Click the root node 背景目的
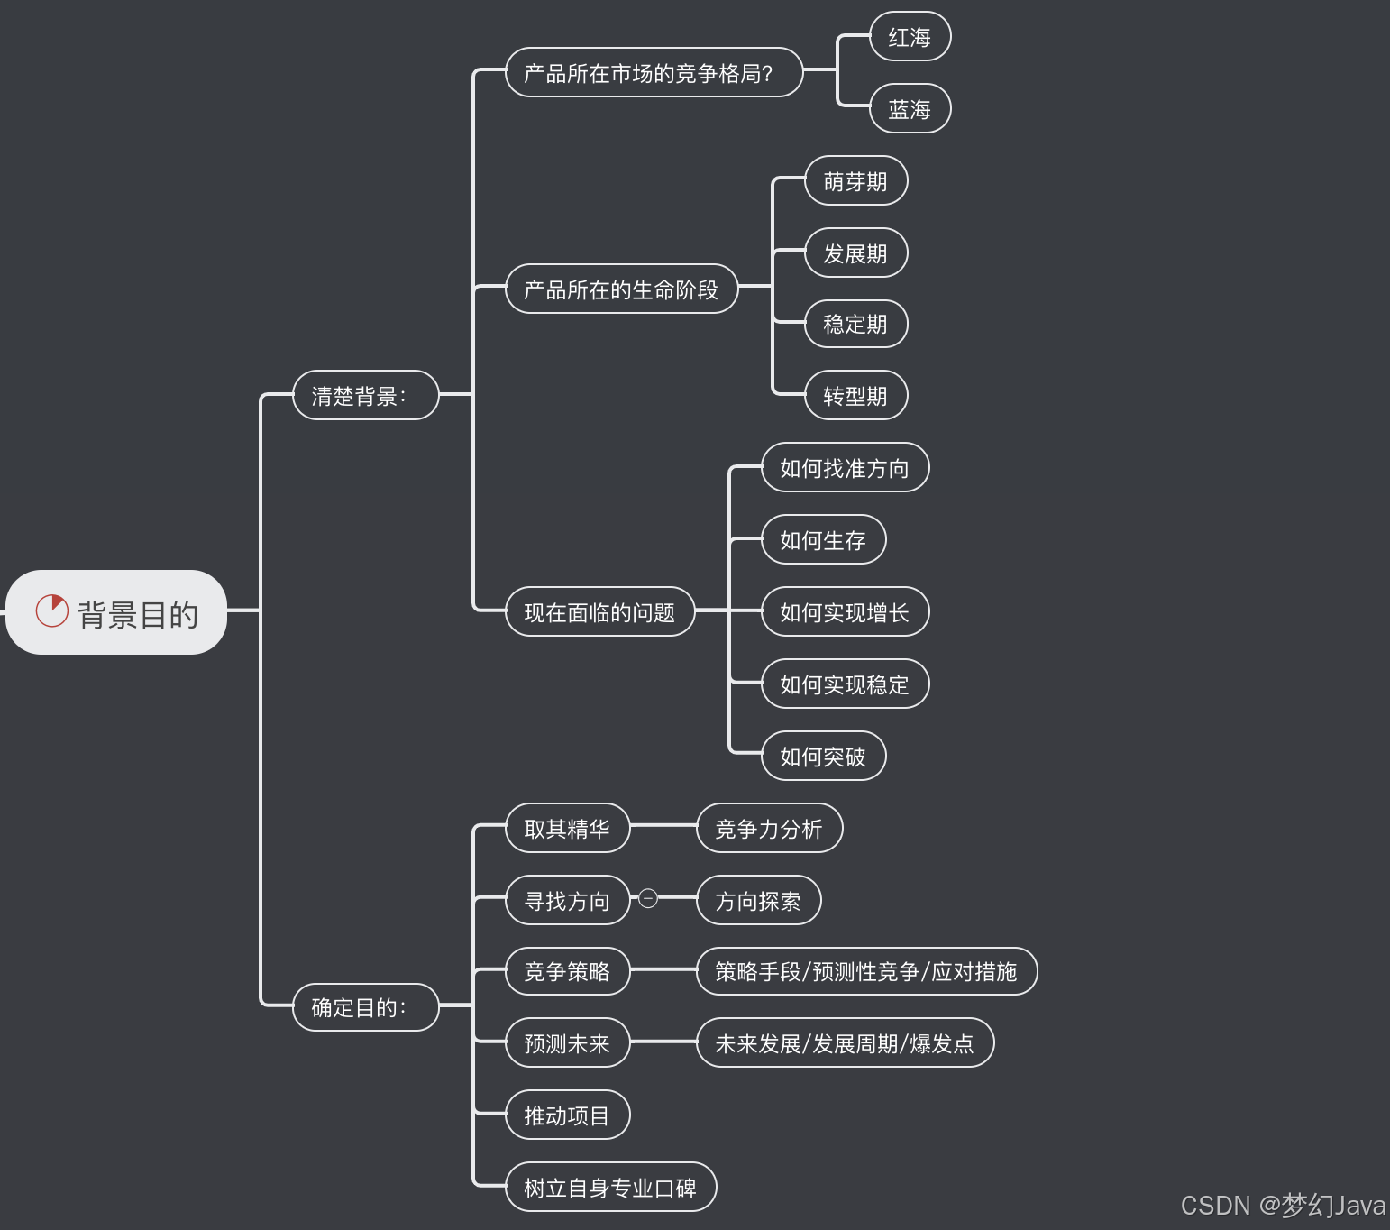click(x=117, y=613)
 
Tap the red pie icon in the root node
click(x=51, y=610)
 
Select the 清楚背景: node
click(x=365, y=396)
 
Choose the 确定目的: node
click(x=365, y=1007)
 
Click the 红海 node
click(x=910, y=37)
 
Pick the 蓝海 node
click(x=910, y=109)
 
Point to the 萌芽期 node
click(x=855, y=181)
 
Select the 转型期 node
click(x=855, y=396)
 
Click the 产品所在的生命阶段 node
click(x=621, y=289)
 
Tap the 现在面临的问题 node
click(x=599, y=612)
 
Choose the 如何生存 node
click(x=823, y=540)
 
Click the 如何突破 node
click(x=823, y=757)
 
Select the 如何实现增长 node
click(x=845, y=612)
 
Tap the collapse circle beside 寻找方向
click(x=648, y=898)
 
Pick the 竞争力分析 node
click(x=769, y=829)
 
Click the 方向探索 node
click(x=758, y=901)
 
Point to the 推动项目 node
click(x=567, y=1115)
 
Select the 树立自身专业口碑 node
click(x=610, y=1188)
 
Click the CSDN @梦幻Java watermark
click(x=1283, y=1206)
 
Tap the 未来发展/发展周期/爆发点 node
click(x=845, y=1043)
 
